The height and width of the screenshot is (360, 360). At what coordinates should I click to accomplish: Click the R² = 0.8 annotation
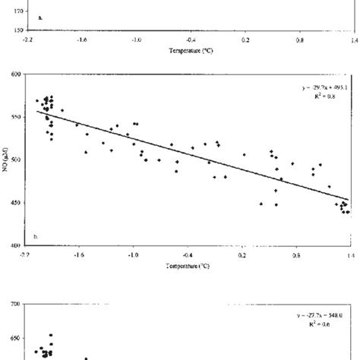pos(332,96)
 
